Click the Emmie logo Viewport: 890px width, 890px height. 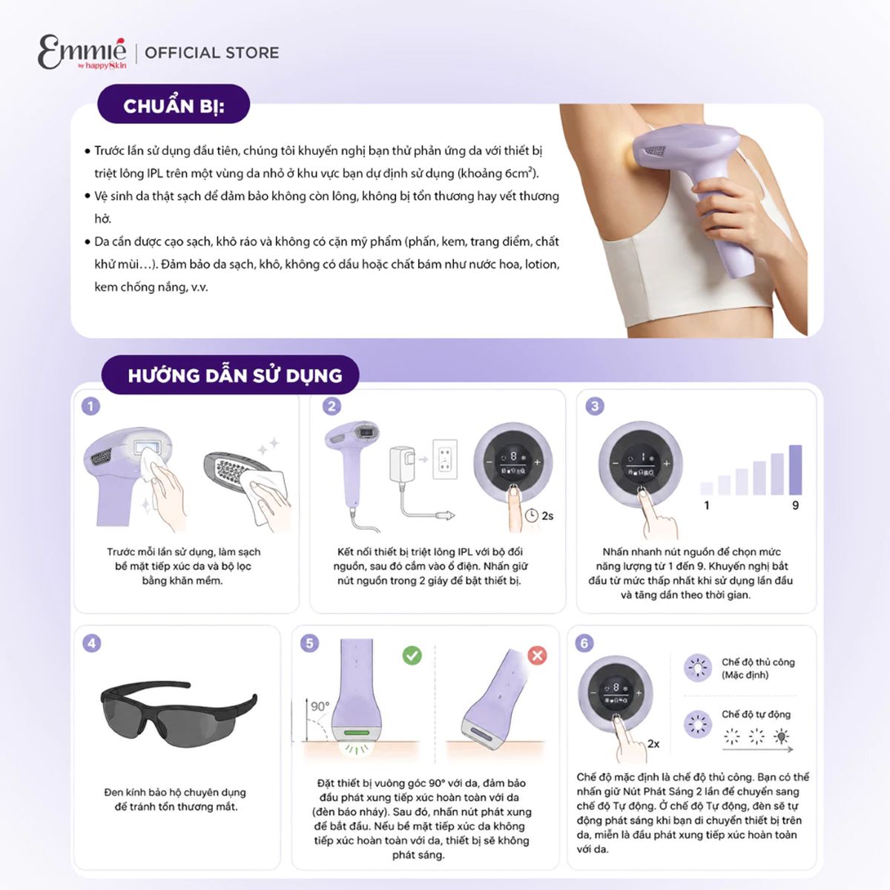(82, 52)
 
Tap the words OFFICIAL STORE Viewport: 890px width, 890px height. (212, 53)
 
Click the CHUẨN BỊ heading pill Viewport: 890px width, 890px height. (174, 105)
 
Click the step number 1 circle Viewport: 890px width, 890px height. (91, 406)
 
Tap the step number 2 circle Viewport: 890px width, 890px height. (332, 406)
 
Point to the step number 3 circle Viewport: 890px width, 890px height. (595, 406)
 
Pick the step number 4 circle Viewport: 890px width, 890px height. (91, 643)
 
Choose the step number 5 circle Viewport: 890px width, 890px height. (309, 643)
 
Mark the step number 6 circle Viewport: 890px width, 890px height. (584, 643)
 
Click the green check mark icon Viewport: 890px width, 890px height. (412, 655)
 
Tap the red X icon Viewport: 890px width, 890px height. (537, 655)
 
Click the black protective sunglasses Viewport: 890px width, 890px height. (179, 713)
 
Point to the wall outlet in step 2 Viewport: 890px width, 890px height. (445, 460)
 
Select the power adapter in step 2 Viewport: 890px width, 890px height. (402, 464)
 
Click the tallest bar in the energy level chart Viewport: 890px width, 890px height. (795, 469)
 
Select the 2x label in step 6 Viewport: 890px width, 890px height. (653, 744)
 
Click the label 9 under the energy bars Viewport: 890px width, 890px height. (795, 505)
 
